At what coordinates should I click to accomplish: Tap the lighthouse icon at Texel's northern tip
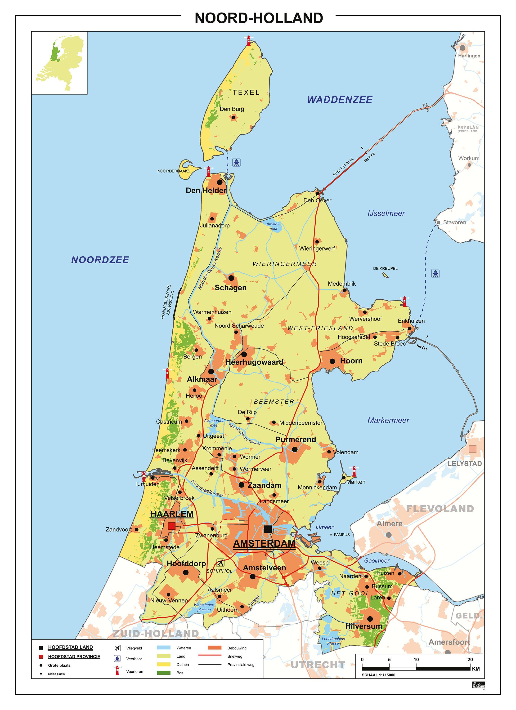point(248,41)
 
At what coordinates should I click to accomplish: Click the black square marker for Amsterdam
point(268,529)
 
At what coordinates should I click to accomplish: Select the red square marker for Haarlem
point(171,526)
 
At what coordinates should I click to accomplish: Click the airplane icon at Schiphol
point(220,563)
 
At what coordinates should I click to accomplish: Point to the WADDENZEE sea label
point(340,100)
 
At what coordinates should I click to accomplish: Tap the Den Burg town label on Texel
point(232,109)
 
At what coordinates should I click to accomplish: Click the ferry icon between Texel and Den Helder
point(237,162)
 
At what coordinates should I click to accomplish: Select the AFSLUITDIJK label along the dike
point(343,167)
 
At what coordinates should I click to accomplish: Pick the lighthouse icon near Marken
point(354,471)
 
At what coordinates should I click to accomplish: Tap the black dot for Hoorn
point(332,361)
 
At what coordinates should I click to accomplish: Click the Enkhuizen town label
point(411,321)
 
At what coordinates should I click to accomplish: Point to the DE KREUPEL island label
point(385,268)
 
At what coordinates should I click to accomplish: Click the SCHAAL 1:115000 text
point(378,675)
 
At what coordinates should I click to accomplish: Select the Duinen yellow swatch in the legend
point(164,664)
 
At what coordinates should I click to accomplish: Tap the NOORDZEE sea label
point(100,260)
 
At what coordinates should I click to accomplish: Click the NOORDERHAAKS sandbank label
point(174,171)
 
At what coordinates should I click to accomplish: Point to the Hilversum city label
point(363,626)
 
